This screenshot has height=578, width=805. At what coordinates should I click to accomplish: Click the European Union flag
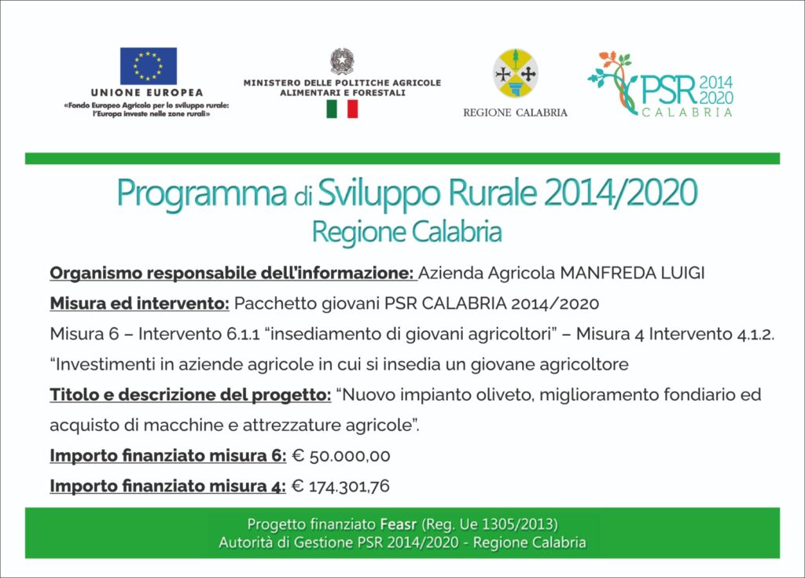point(149,66)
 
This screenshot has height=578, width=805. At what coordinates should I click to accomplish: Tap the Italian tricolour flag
point(342,109)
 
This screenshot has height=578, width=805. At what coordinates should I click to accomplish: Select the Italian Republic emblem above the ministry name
point(342,61)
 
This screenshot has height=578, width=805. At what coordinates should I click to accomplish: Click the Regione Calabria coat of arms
point(516,73)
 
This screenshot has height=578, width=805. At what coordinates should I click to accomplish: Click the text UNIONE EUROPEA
point(147,93)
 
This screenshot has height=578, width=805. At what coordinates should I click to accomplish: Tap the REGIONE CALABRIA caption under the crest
point(516,112)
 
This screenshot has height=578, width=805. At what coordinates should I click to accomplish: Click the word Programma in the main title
point(201,193)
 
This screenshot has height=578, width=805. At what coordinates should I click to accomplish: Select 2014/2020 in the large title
point(621,192)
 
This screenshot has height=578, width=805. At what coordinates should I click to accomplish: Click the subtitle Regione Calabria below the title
point(406,232)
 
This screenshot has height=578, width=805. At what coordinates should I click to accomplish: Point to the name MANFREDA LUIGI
point(632,273)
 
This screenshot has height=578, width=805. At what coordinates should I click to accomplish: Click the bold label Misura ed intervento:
point(140,304)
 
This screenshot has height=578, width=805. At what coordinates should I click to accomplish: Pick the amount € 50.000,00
point(341,456)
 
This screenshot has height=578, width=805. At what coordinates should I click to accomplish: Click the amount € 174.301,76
point(340,486)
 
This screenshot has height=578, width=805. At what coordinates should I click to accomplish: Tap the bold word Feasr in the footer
point(399,525)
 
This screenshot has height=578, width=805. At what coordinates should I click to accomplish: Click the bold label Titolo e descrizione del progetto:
point(190,395)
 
